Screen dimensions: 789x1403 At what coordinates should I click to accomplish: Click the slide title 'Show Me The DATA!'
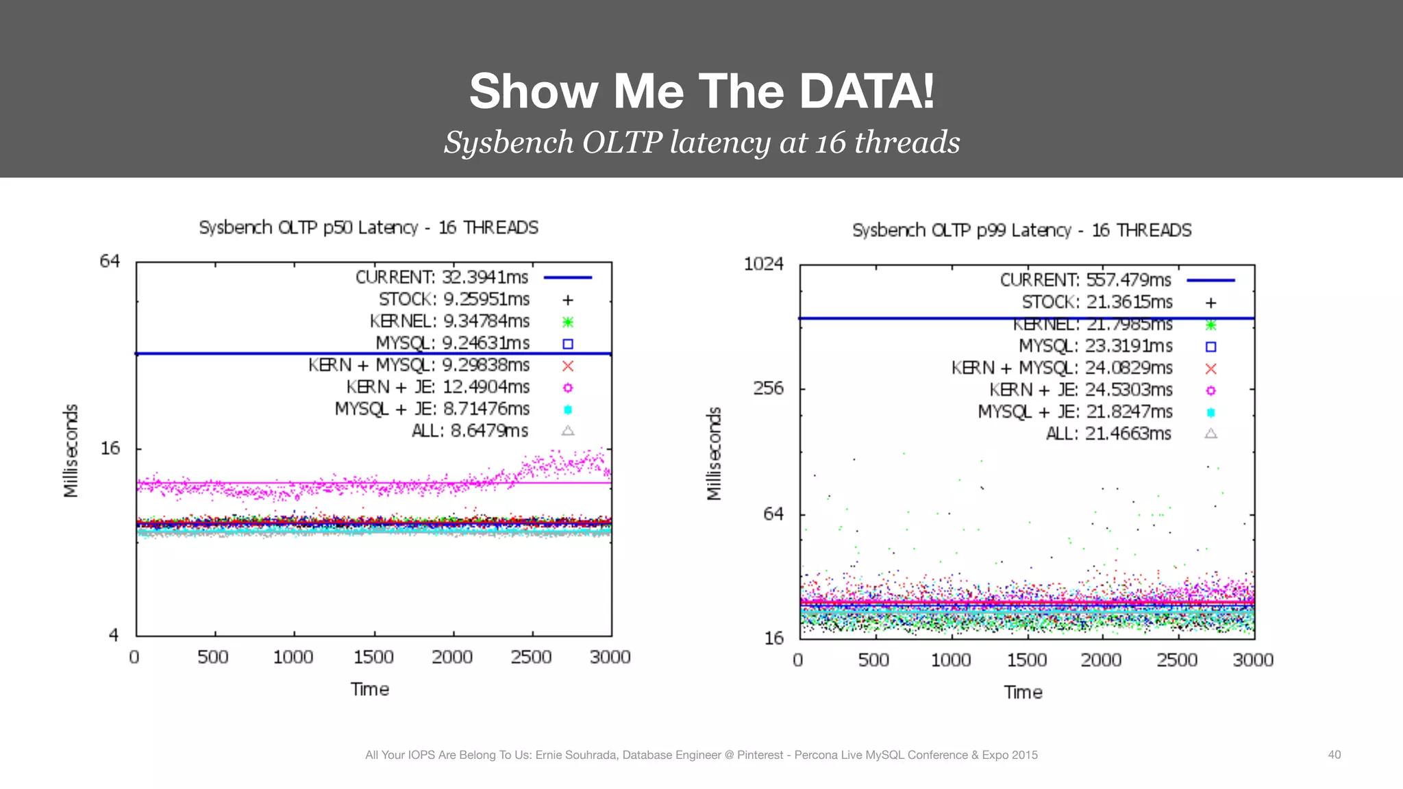[701, 91]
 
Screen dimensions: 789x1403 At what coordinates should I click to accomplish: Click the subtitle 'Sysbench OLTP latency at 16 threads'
[701, 142]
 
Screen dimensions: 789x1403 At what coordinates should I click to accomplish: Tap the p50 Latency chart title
[369, 227]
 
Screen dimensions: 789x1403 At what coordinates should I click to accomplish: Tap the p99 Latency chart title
[1021, 230]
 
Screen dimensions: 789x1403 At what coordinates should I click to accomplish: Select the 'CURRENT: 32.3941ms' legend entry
[441, 277]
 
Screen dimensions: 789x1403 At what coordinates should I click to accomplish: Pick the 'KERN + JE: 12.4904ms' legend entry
[438, 387]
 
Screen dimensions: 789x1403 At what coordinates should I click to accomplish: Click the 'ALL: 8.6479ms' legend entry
[470, 431]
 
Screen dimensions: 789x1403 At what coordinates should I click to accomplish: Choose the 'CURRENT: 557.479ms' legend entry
[1085, 280]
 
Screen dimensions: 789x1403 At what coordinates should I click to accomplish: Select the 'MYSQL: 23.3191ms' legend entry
[1095, 346]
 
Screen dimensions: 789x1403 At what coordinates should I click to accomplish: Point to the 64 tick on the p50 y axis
[110, 261]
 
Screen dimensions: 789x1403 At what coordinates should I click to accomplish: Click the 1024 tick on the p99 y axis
[763, 264]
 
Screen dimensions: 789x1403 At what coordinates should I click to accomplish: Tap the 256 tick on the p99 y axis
[768, 388]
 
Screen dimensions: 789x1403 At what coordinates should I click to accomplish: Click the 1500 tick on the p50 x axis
[373, 657]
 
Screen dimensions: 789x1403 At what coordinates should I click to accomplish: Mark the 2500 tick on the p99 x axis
[1177, 660]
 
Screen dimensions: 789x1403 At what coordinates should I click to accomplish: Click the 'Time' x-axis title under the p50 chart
[370, 689]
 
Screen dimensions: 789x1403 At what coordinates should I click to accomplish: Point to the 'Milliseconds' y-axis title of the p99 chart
[714, 453]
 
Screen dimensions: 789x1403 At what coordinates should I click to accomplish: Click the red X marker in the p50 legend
[568, 366]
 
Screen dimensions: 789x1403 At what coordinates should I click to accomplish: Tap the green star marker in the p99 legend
[1210, 325]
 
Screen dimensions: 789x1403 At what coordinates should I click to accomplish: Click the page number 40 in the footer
[1334, 755]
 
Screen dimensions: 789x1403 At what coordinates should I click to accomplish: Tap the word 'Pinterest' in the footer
[760, 755]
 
